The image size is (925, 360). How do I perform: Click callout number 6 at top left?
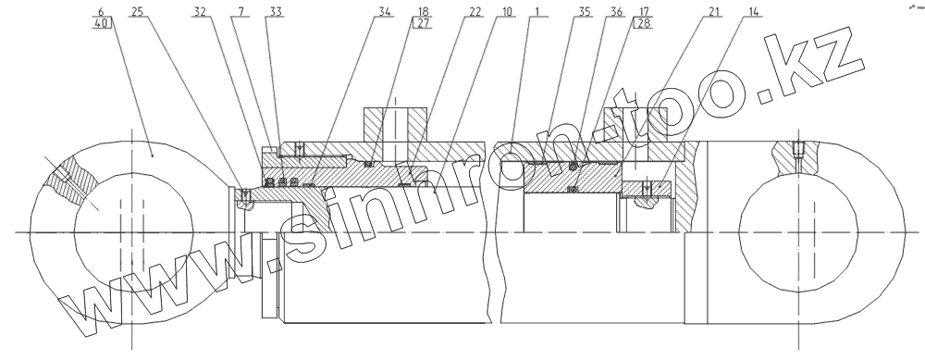pyautogui.click(x=101, y=12)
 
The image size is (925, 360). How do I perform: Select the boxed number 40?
pyautogui.click(x=101, y=23)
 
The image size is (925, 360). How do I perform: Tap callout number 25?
pyautogui.click(x=136, y=12)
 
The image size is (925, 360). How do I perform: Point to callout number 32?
pyautogui.click(x=199, y=12)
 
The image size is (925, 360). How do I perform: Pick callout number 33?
pyautogui.click(x=276, y=12)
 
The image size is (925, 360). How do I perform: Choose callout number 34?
pyautogui.click(x=385, y=12)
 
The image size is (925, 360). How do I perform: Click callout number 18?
pyautogui.click(x=423, y=12)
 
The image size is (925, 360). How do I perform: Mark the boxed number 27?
pyautogui.click(x=423, y=24)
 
